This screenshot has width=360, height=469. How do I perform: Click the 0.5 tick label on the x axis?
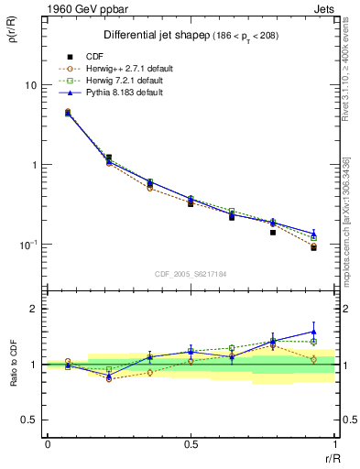[191, 443]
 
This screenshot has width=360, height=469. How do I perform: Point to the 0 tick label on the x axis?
[48, 443]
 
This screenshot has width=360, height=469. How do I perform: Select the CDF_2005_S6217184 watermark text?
[191, 274]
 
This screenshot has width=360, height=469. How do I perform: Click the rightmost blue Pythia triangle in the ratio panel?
[313, 333]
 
